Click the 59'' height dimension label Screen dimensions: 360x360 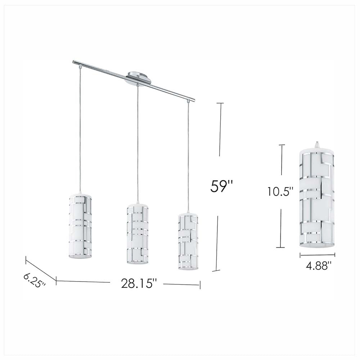pos(222,186)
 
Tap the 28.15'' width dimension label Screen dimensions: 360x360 pos(139,283)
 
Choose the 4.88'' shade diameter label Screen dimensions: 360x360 pos(318,266)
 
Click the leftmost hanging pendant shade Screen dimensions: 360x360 pos(80,226)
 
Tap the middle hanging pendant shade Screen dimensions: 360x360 pos(138,234)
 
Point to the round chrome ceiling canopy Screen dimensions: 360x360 pos(139,78)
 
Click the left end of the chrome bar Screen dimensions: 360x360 pos(75,62)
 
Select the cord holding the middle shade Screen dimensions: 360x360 pos(137,144)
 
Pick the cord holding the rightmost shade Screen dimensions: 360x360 pos(188,155)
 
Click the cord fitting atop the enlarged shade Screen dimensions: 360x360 pos(317,144)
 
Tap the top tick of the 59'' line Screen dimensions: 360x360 pos(220,103)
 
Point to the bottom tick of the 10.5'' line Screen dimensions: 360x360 pos(280,247)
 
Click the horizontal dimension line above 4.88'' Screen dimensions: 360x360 pos(318,255)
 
